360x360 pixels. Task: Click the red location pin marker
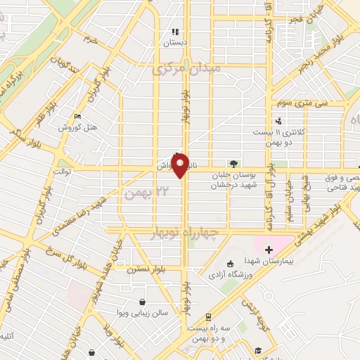click(181, 165)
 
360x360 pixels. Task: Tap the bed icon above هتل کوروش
click(77, 115)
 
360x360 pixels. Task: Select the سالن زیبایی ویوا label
click(144, 313)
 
